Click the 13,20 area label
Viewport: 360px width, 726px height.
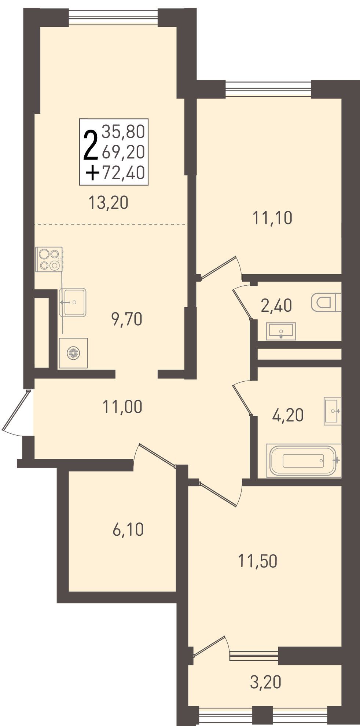(109, 202)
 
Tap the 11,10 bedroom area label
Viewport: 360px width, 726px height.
(272, 218)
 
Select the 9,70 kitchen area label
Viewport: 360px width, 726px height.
(127, 320)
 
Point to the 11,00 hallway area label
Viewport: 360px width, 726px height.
(122, 407)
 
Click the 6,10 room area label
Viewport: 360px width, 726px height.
(128, 530)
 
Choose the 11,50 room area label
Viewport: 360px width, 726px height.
(258, 561)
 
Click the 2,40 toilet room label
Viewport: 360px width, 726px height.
(276, 305)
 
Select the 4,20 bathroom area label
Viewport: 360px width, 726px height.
(288, 415)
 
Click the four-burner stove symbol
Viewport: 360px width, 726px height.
(49, 259)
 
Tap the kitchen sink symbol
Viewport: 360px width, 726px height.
(73, 302)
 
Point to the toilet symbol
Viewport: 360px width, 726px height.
(326, 302)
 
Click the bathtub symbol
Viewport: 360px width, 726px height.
(304, 461)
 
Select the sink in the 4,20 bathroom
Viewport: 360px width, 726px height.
(333, 411)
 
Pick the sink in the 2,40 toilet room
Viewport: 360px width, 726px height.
(281, 331)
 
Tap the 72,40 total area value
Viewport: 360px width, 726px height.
(124, 173)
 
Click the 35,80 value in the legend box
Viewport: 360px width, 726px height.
(124, 132)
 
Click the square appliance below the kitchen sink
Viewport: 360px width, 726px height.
(73, 353)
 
